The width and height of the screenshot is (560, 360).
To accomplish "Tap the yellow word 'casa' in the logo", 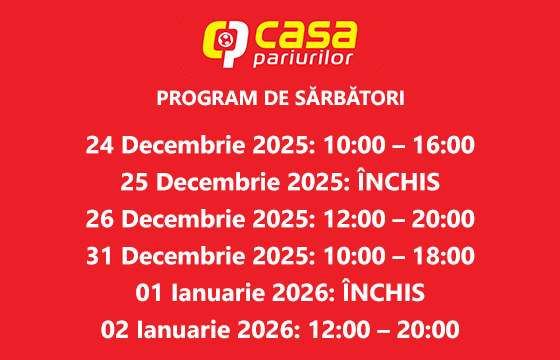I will pyautogui.click(x=304, y=37).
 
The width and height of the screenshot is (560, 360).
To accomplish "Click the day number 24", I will pyautogui.click(x=100, y=145).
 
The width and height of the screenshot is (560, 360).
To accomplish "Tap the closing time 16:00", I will pyautogui.click(x=440, y=145).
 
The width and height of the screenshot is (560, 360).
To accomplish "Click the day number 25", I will pyautogui.click(x=136, y=182).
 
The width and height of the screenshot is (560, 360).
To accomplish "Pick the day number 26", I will pyautogui.click(x=100, y=219).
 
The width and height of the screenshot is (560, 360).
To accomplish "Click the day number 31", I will pyautogui.click(x=100, y=256).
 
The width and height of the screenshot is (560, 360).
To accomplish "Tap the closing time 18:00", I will pyautogui.click(x=440, y=256).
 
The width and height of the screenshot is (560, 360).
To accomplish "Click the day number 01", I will pyautogui.click(x=151, y=293).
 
